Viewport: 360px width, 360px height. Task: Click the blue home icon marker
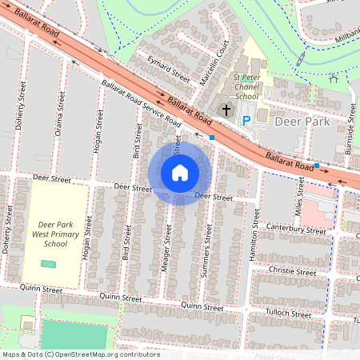point(180,172)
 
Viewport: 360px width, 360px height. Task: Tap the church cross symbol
point(226,109)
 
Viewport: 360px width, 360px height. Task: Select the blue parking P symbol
point(246,120)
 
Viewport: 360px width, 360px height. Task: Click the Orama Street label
point(60,114)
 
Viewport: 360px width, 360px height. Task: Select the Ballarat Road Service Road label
point(141,105)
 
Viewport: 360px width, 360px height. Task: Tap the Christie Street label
point(294,272)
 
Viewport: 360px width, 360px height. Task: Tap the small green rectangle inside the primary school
point(49,263)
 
